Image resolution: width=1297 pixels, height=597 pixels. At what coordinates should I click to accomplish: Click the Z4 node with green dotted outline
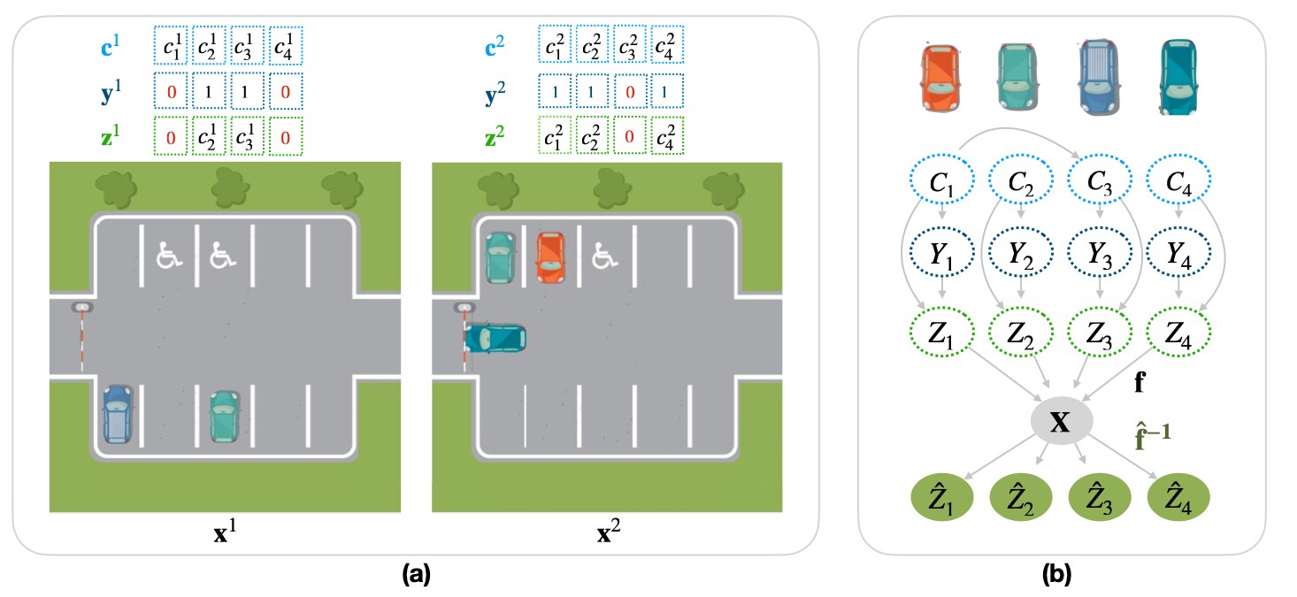coord(1178,333)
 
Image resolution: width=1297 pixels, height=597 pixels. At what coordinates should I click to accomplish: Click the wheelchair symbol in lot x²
coord(604,256)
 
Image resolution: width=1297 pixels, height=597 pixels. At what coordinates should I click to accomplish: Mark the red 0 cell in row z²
coord(628,138)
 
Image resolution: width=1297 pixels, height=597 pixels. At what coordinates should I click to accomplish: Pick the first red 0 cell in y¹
coord(172,92)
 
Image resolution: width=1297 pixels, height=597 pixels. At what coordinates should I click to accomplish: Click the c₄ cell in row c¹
coord(286,44)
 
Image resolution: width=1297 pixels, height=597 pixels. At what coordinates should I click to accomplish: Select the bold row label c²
coord(500,44)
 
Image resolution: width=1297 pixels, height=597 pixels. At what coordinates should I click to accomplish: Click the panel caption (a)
coord(416,576)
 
